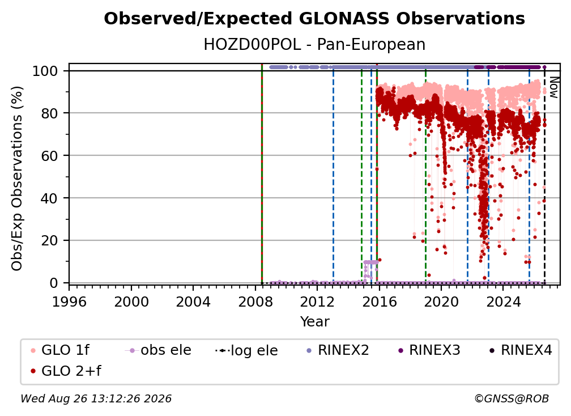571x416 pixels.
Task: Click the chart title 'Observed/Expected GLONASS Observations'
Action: (x=314, y=19)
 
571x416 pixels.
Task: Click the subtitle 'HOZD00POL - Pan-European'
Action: (x=314, y=45)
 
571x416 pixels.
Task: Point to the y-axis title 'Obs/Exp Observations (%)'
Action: (x=17, y=178)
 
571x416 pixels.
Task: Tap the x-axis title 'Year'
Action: (x=314, y=322)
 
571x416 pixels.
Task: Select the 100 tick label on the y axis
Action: (x=45, y=71)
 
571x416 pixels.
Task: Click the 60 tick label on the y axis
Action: (x=49, y=156)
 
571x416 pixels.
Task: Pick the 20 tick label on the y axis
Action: (x=49, y=241)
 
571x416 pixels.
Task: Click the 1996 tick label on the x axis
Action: (x=69, y=302)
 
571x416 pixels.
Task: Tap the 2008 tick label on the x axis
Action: (x=255, y=302)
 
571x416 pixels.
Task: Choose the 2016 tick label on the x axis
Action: (x=379, y=302)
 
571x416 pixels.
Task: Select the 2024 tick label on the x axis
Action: (x=503, y=302)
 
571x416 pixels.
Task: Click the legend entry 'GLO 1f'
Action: (x=59, y=350)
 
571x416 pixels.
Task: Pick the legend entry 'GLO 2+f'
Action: (x=66, y=371)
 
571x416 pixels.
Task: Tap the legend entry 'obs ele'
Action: (x=158, y=350)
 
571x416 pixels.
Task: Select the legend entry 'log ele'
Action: (x=246, y=351)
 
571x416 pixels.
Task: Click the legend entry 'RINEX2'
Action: (x=338, y=350)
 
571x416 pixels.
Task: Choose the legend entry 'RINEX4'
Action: (x=521, y=350)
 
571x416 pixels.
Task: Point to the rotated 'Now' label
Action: (x=553, y=87)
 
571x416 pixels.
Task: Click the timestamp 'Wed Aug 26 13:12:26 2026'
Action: (x=96, y=399)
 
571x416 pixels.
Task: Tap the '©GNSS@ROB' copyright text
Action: (x=512, y=399)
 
